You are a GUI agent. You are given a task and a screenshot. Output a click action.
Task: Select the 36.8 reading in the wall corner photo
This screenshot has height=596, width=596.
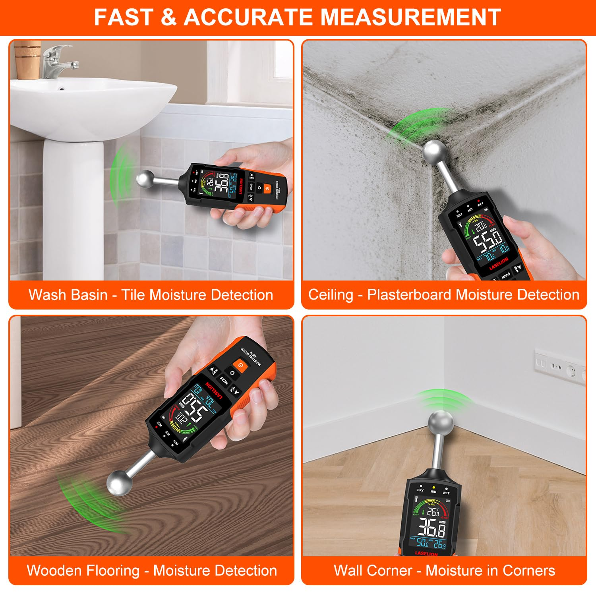(x=431, y=528)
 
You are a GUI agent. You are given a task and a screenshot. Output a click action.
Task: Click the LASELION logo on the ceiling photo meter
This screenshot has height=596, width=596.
(x=498, y=263)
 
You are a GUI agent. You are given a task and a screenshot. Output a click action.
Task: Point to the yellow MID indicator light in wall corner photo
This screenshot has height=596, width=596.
(x=433, y=487)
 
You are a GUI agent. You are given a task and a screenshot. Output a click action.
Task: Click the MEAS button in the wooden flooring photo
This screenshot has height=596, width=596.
(x=224, y=380)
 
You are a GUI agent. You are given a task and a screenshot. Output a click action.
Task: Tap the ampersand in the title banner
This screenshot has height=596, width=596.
(x=169, y=17)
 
